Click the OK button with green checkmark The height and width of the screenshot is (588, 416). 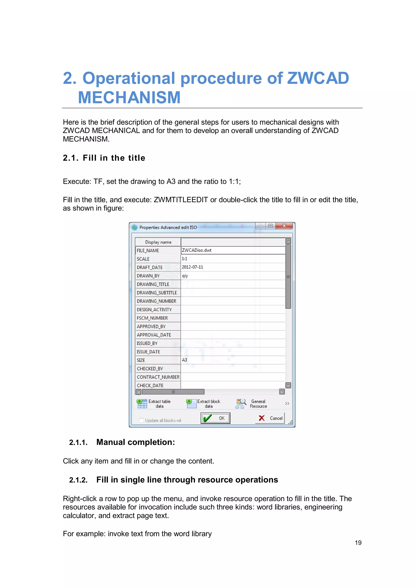coord(215,418)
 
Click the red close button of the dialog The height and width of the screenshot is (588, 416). coord(284,226)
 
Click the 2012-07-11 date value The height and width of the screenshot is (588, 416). coord(192,267)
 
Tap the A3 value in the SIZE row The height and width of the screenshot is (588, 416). coord(184,360)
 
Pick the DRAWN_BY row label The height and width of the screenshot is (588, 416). coord(148,276)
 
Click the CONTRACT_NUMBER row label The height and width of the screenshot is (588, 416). coord(158,377)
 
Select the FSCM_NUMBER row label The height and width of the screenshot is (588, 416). coord(152,318)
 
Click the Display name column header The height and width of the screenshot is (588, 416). coord(158,242)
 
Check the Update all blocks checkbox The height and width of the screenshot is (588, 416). coord(141,420)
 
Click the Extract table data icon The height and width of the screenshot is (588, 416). coord(142,403)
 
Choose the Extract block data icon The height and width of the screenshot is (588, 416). coord(191,403)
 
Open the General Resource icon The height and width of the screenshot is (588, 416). coord(241,403)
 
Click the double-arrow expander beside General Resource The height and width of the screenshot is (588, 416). coord(287,403)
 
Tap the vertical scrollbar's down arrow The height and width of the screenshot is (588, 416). coord(288,385)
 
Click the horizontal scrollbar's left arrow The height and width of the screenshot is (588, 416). coord(139,392)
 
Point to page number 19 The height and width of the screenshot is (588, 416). coord(358,543)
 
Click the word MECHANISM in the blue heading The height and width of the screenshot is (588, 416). coord(129,97)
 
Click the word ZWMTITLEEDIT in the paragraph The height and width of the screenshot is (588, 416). coord(181,200)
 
